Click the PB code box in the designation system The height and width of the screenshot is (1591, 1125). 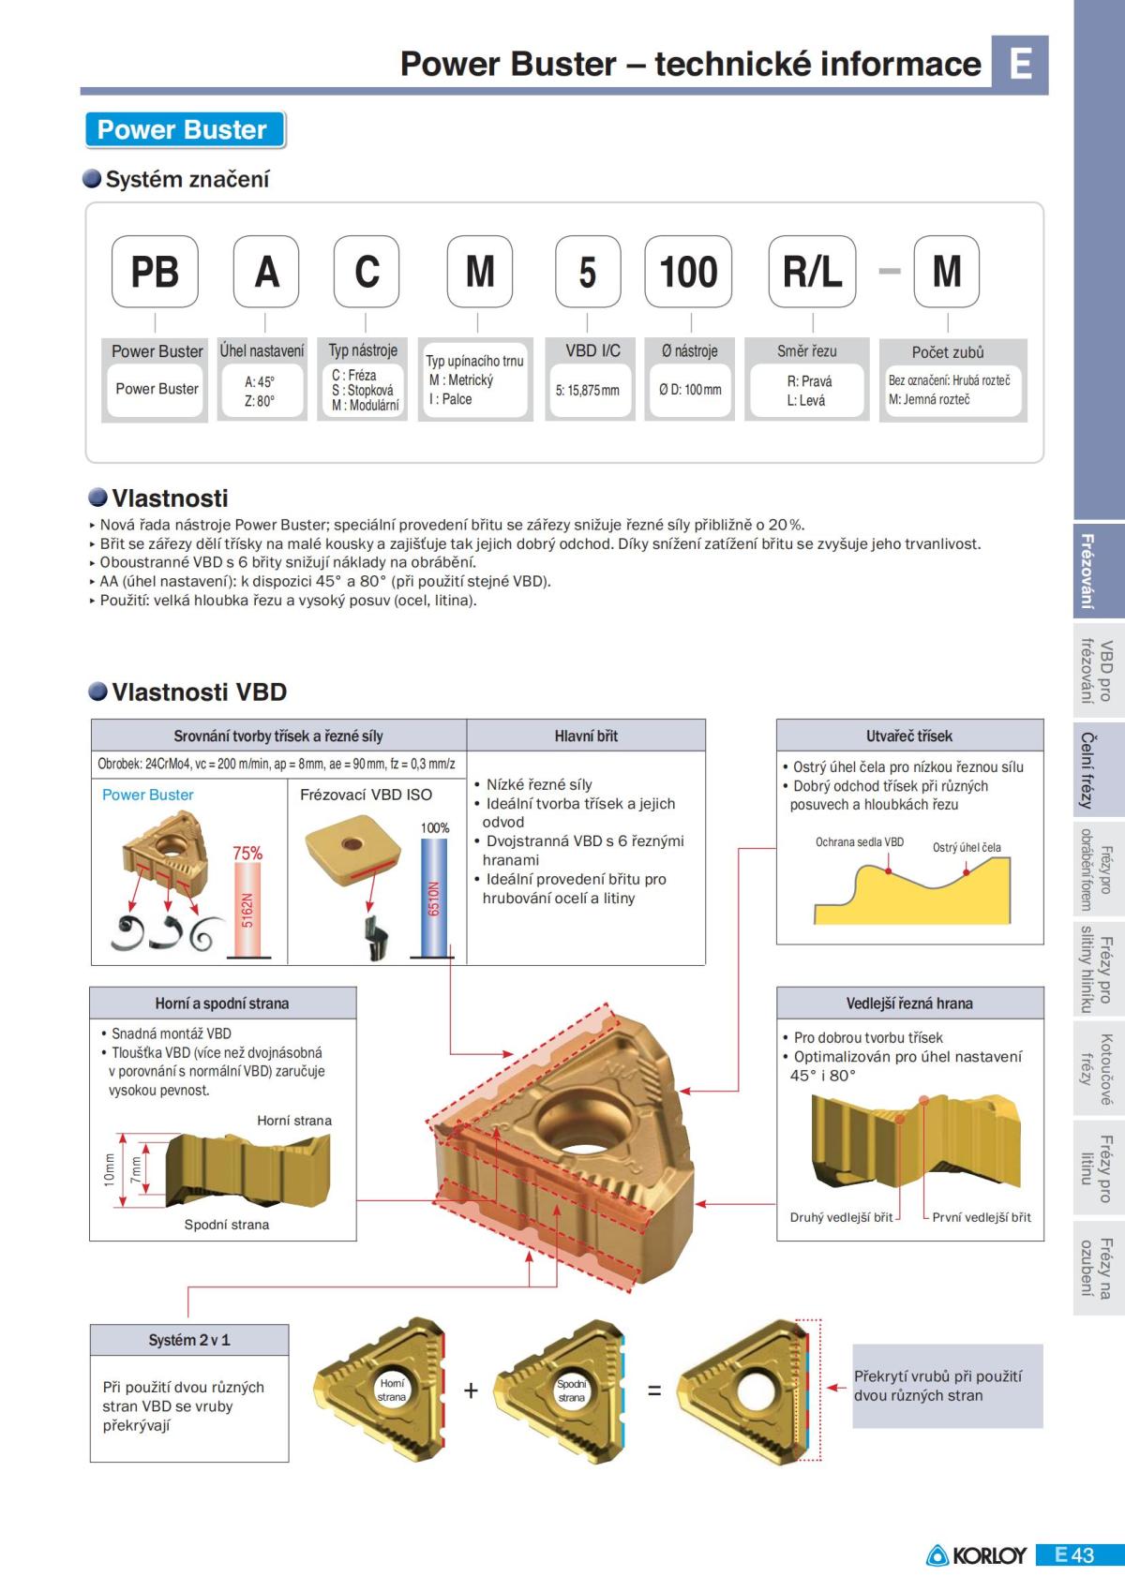(x=155, y=272)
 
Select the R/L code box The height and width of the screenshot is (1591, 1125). (x=812, y=272)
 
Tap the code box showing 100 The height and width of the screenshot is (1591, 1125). (x=688, y=272)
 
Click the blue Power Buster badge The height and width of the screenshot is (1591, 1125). (x=184, y=129)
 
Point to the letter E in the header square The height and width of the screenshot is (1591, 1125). (x=1020, y=64)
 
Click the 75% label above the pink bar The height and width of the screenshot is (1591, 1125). (x=247, y=853)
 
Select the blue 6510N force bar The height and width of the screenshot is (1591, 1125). (x=433, y=897)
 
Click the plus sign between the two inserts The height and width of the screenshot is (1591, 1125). (x=471, y=1390)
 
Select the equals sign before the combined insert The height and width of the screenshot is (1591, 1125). (x=654, y=1390)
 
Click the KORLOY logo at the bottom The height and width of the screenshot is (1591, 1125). (x=977, y=1555)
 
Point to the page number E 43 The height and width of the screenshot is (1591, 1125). (x=1074, y=1555)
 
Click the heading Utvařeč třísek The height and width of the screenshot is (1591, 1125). (x=909, y=736)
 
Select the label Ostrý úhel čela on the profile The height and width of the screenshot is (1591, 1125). (x=967, y=847)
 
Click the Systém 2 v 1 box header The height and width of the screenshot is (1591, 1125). (x=189, y=1340)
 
